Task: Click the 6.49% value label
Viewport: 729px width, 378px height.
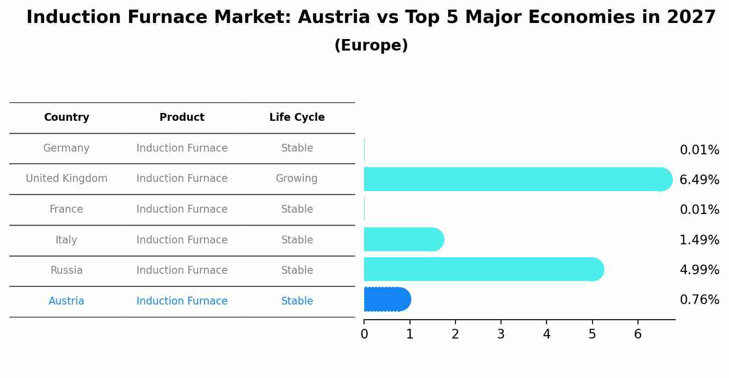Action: pyautogui.click(x=699, y=180)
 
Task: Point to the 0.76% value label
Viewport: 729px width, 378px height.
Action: pyautogui.click(x=699, y=300)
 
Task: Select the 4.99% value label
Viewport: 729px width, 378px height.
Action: pyautogui.click(x=699, y=270)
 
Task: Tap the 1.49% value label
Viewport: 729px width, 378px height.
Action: pyautogui.click(x=699, y=240)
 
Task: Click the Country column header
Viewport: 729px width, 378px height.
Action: pyautogui.click(x=67, y=118)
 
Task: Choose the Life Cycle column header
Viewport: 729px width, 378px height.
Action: pyautogui.click(x=297, y=118)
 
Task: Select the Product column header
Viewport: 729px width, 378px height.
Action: pyautogui.click(x=182, y=118)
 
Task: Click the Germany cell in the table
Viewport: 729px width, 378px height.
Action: pyautogui.click(x=66, y=148)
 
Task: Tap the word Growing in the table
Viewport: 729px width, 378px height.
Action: pyautogui.click(x=296, y=179)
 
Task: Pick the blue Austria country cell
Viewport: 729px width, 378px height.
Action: pyautogui.click(x=66, y=301)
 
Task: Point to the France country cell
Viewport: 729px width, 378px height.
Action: pyautogui.click(x=66, y=209)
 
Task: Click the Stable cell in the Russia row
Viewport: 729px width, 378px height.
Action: pyautogui.click(x=297, y=271)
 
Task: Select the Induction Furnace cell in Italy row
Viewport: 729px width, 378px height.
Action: pyautogui.click(x=182, y=240)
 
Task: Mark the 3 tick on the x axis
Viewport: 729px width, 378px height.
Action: pyautogui.click(x=501, y=334)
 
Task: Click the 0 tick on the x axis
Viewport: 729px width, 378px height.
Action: pyautogui.click(x=364, y=334)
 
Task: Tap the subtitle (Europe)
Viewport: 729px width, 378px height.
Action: pyautogui.click(x=371, y=45)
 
